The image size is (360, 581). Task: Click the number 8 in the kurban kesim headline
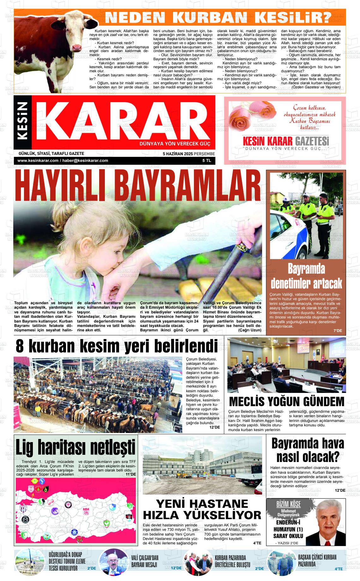click(x=20, y=347)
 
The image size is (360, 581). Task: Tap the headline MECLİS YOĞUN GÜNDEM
click(x=286, y=402)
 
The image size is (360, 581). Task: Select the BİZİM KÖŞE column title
click(x=284, y=504)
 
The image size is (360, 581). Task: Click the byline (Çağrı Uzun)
click(x=249, y=330)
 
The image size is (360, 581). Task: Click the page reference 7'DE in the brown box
click(x=338, y=331)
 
